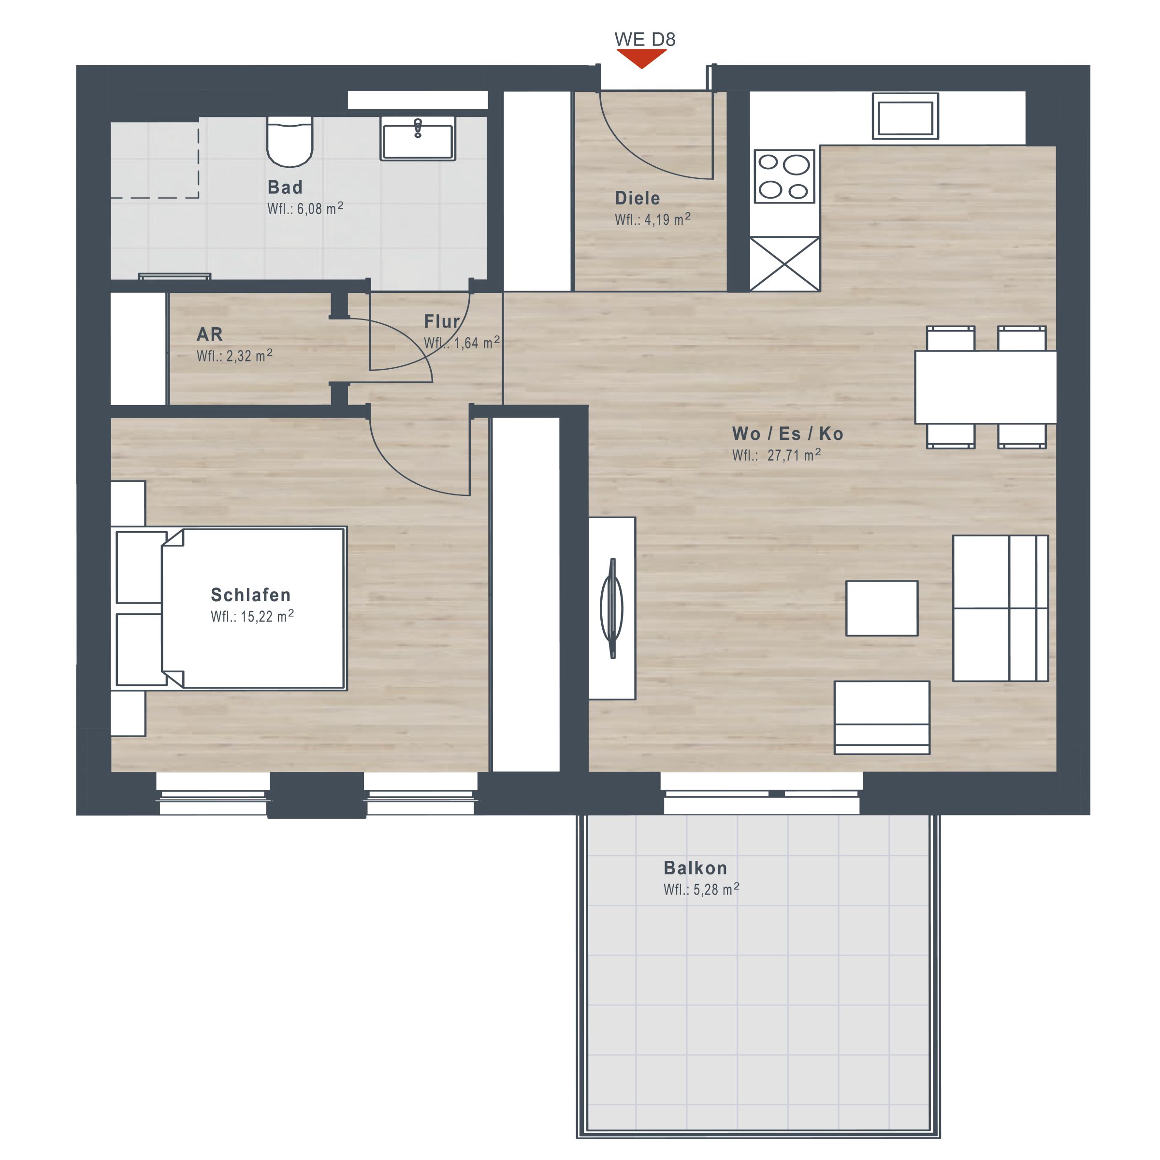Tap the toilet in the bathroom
[290, 142]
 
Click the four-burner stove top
[784, 176]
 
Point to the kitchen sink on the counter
[905, 116]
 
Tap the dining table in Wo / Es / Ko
[986, 387]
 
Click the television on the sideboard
[612, 608]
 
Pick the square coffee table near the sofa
[882, 608]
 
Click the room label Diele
[637, 198]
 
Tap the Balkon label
[696, 868]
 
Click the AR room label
[210, 334]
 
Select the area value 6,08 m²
[320, 208]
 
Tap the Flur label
[442, 321]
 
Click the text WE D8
[645, 39]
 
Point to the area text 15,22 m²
[267, 616]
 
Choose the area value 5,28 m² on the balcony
[716, 889]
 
